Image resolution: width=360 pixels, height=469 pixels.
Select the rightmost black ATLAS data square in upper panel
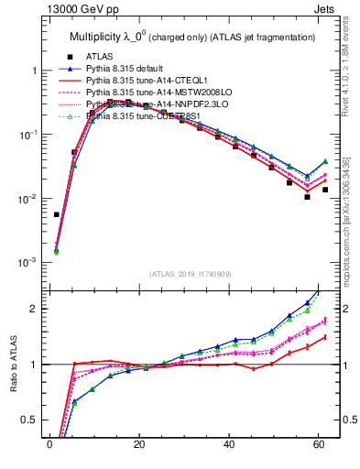[325, 190]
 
